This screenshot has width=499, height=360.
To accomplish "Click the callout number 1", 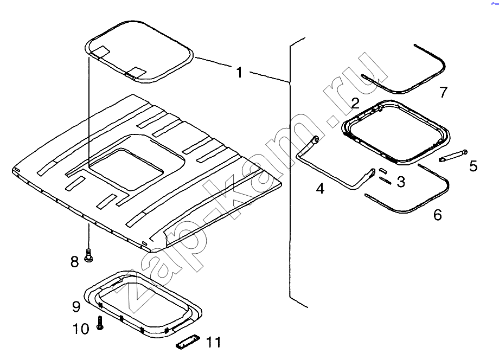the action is pos(239,72).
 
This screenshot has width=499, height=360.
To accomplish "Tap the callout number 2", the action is pos(355,102).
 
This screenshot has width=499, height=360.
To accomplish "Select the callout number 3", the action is pos(401,182).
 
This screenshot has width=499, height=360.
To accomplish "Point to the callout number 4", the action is pos(320,188).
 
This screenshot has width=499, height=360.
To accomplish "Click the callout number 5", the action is pos(474,166).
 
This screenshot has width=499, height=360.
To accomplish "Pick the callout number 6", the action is pos(438,215).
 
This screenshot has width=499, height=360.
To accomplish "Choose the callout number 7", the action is pos(443,92).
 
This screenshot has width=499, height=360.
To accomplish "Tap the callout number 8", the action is pos(74,262).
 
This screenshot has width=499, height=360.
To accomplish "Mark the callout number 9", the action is pos(76,306).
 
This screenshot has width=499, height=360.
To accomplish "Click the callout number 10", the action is pos(81,329).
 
